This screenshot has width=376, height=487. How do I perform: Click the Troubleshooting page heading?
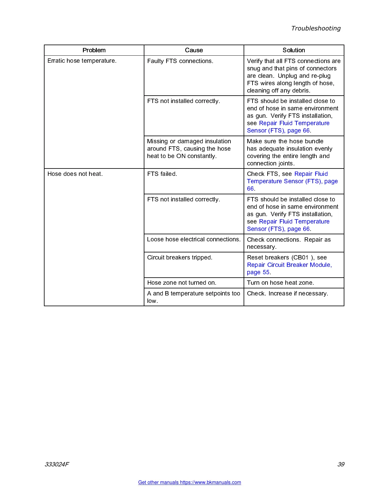coord(316,28)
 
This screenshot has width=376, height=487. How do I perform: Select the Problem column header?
coord(94,50)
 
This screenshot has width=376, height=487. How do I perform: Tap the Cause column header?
coord(194,50)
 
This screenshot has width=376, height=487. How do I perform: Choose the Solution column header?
coord(294,50)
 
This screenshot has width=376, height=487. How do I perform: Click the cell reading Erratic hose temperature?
coord(82,61)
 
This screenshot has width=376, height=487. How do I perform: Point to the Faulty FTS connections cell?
coord(180,61)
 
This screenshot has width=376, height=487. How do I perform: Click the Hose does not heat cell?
coord(75,174)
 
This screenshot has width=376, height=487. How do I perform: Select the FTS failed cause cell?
coord(162,174)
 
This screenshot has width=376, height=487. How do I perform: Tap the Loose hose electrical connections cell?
coord(194,240)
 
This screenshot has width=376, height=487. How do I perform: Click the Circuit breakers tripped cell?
coord(180,258)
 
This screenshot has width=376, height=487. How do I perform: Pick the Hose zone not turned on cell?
coord(182,283)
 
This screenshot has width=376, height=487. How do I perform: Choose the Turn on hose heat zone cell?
coord(280,283)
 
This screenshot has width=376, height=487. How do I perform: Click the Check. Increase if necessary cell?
coord(288,294)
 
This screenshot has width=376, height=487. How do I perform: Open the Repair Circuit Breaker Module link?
coord(289,265)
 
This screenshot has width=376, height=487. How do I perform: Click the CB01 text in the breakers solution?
coord(301,258)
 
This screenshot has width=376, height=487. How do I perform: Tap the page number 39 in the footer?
coord(341,464)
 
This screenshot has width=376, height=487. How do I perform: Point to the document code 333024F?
coord(57,464)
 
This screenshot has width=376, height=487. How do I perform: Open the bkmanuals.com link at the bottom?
coord(190,482)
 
